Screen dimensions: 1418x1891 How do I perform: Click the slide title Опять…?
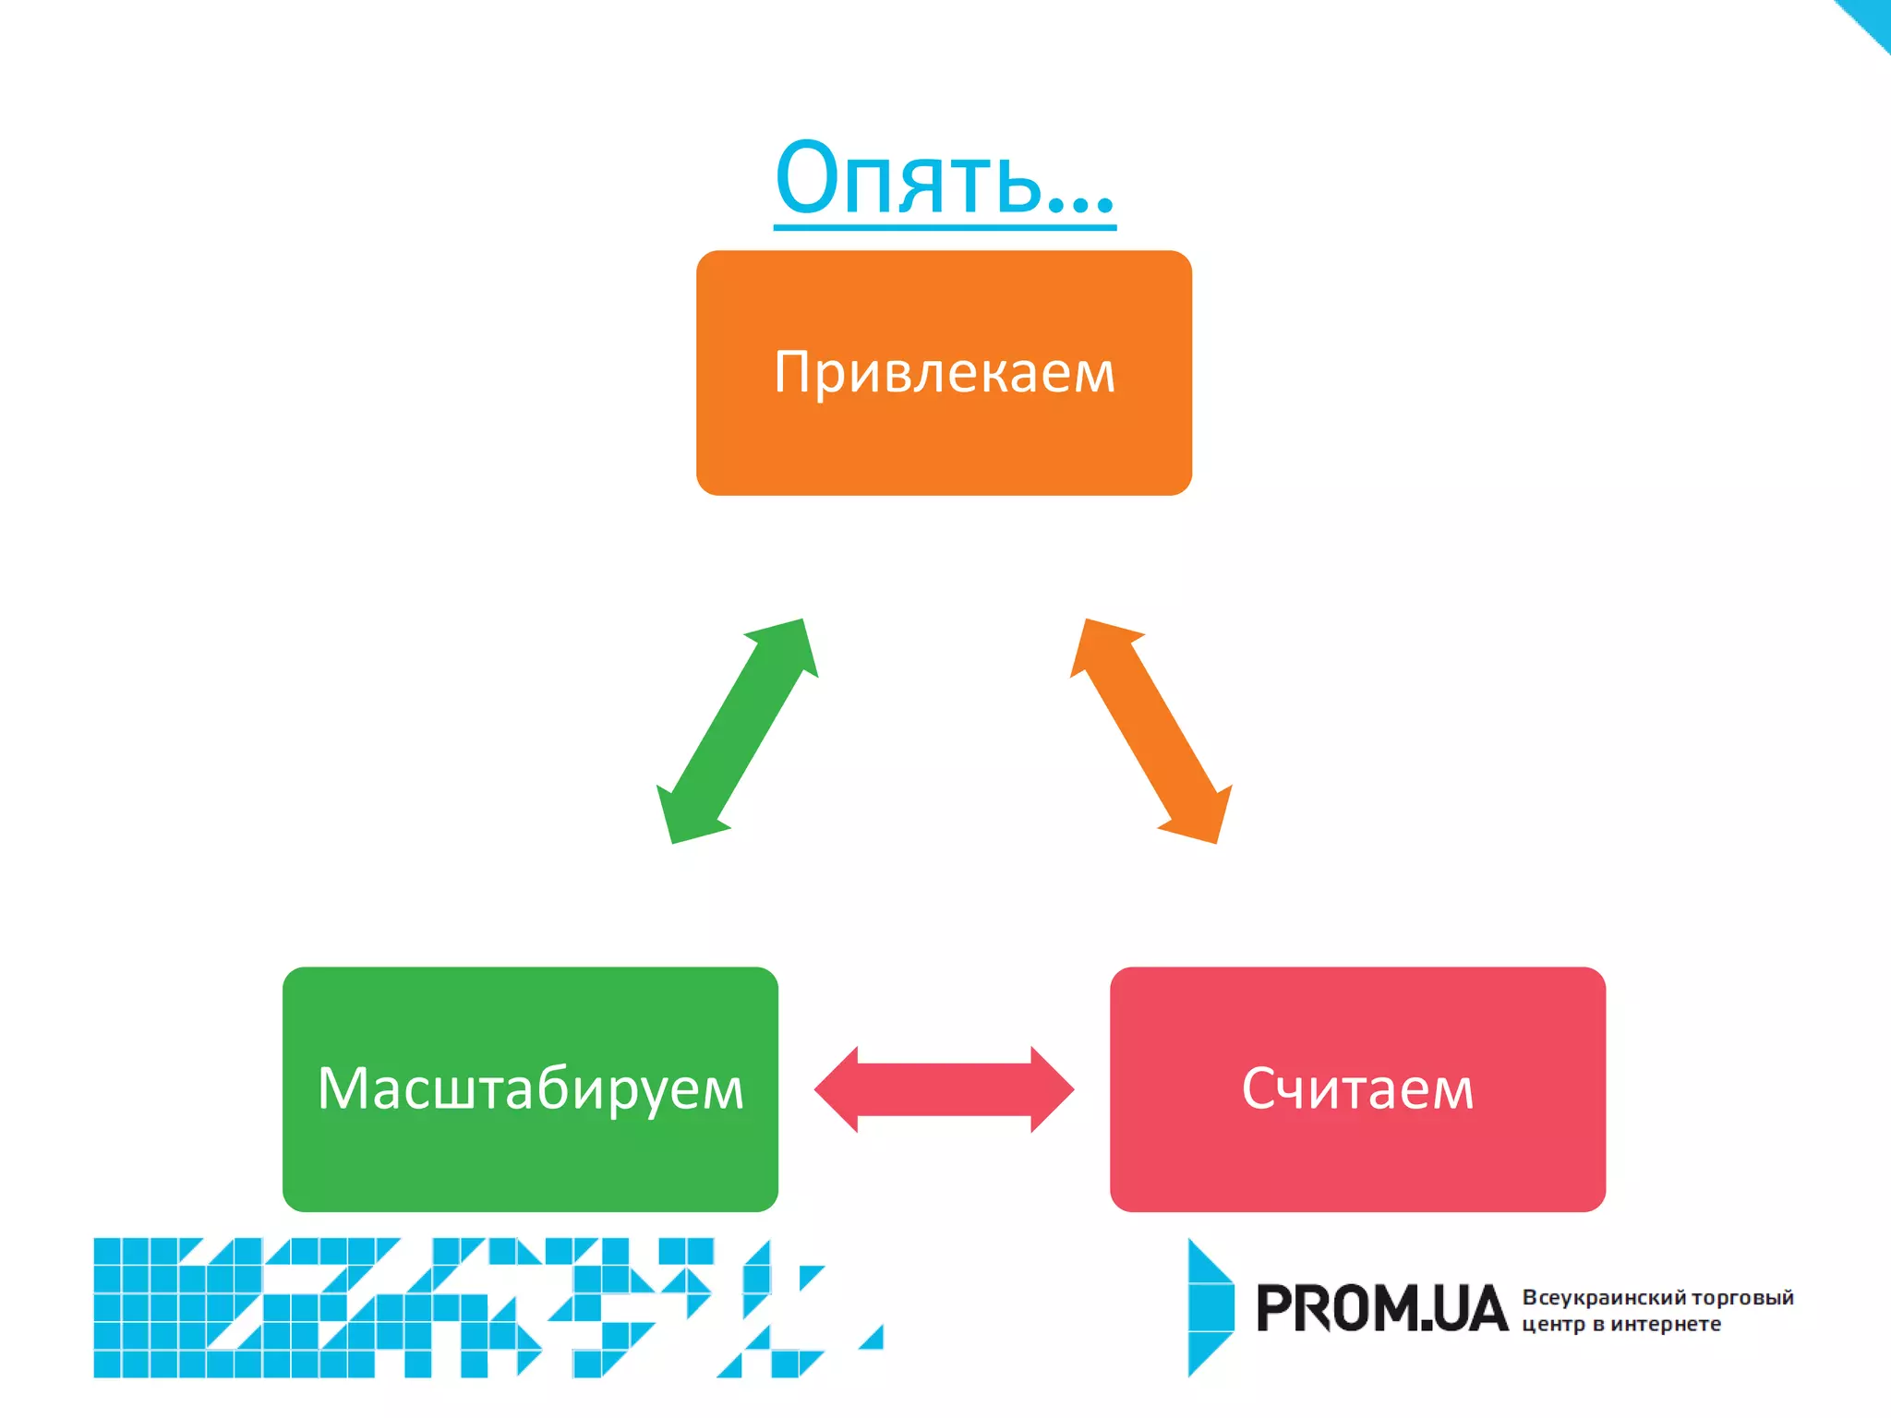944,177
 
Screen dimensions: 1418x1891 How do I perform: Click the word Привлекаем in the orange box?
944,372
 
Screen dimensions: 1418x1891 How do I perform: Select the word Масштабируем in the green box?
530,1089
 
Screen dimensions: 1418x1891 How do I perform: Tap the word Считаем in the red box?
1357,1089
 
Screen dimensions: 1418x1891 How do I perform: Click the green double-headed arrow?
737,731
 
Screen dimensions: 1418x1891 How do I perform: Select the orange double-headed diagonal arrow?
1150,731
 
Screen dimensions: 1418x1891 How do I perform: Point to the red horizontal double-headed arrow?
944,1089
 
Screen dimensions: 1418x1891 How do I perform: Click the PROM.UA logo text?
1381,1309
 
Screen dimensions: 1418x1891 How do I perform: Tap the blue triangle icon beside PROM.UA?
1210,1307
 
